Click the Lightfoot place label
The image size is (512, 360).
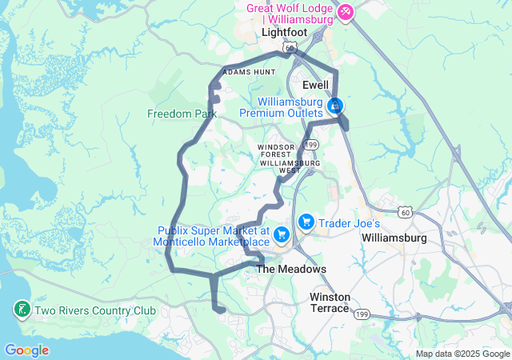pyautogui.click(x=283, y=32)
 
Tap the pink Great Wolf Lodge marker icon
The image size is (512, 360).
pyautogui.click(x=346, y=12)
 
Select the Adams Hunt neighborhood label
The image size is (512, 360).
pyautogui.click(x=248, y=72)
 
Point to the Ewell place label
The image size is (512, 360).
pyautogui.click(x=317, y=84)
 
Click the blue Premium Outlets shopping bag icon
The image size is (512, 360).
pyautogui.click(x=335, y=106)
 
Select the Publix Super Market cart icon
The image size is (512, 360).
pyautogui.click(x=281, y=234)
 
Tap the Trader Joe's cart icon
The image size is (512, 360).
pyautogui.click(x=306, y=222)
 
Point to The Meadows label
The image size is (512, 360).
pyautogui.click(x=291, y=270)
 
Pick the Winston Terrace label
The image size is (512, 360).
pyautogui.click(x=330, y=302)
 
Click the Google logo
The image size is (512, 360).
pyautogui.click(x=26, y=350)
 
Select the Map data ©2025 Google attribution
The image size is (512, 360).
pyautogui.click(x=462, y=354)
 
